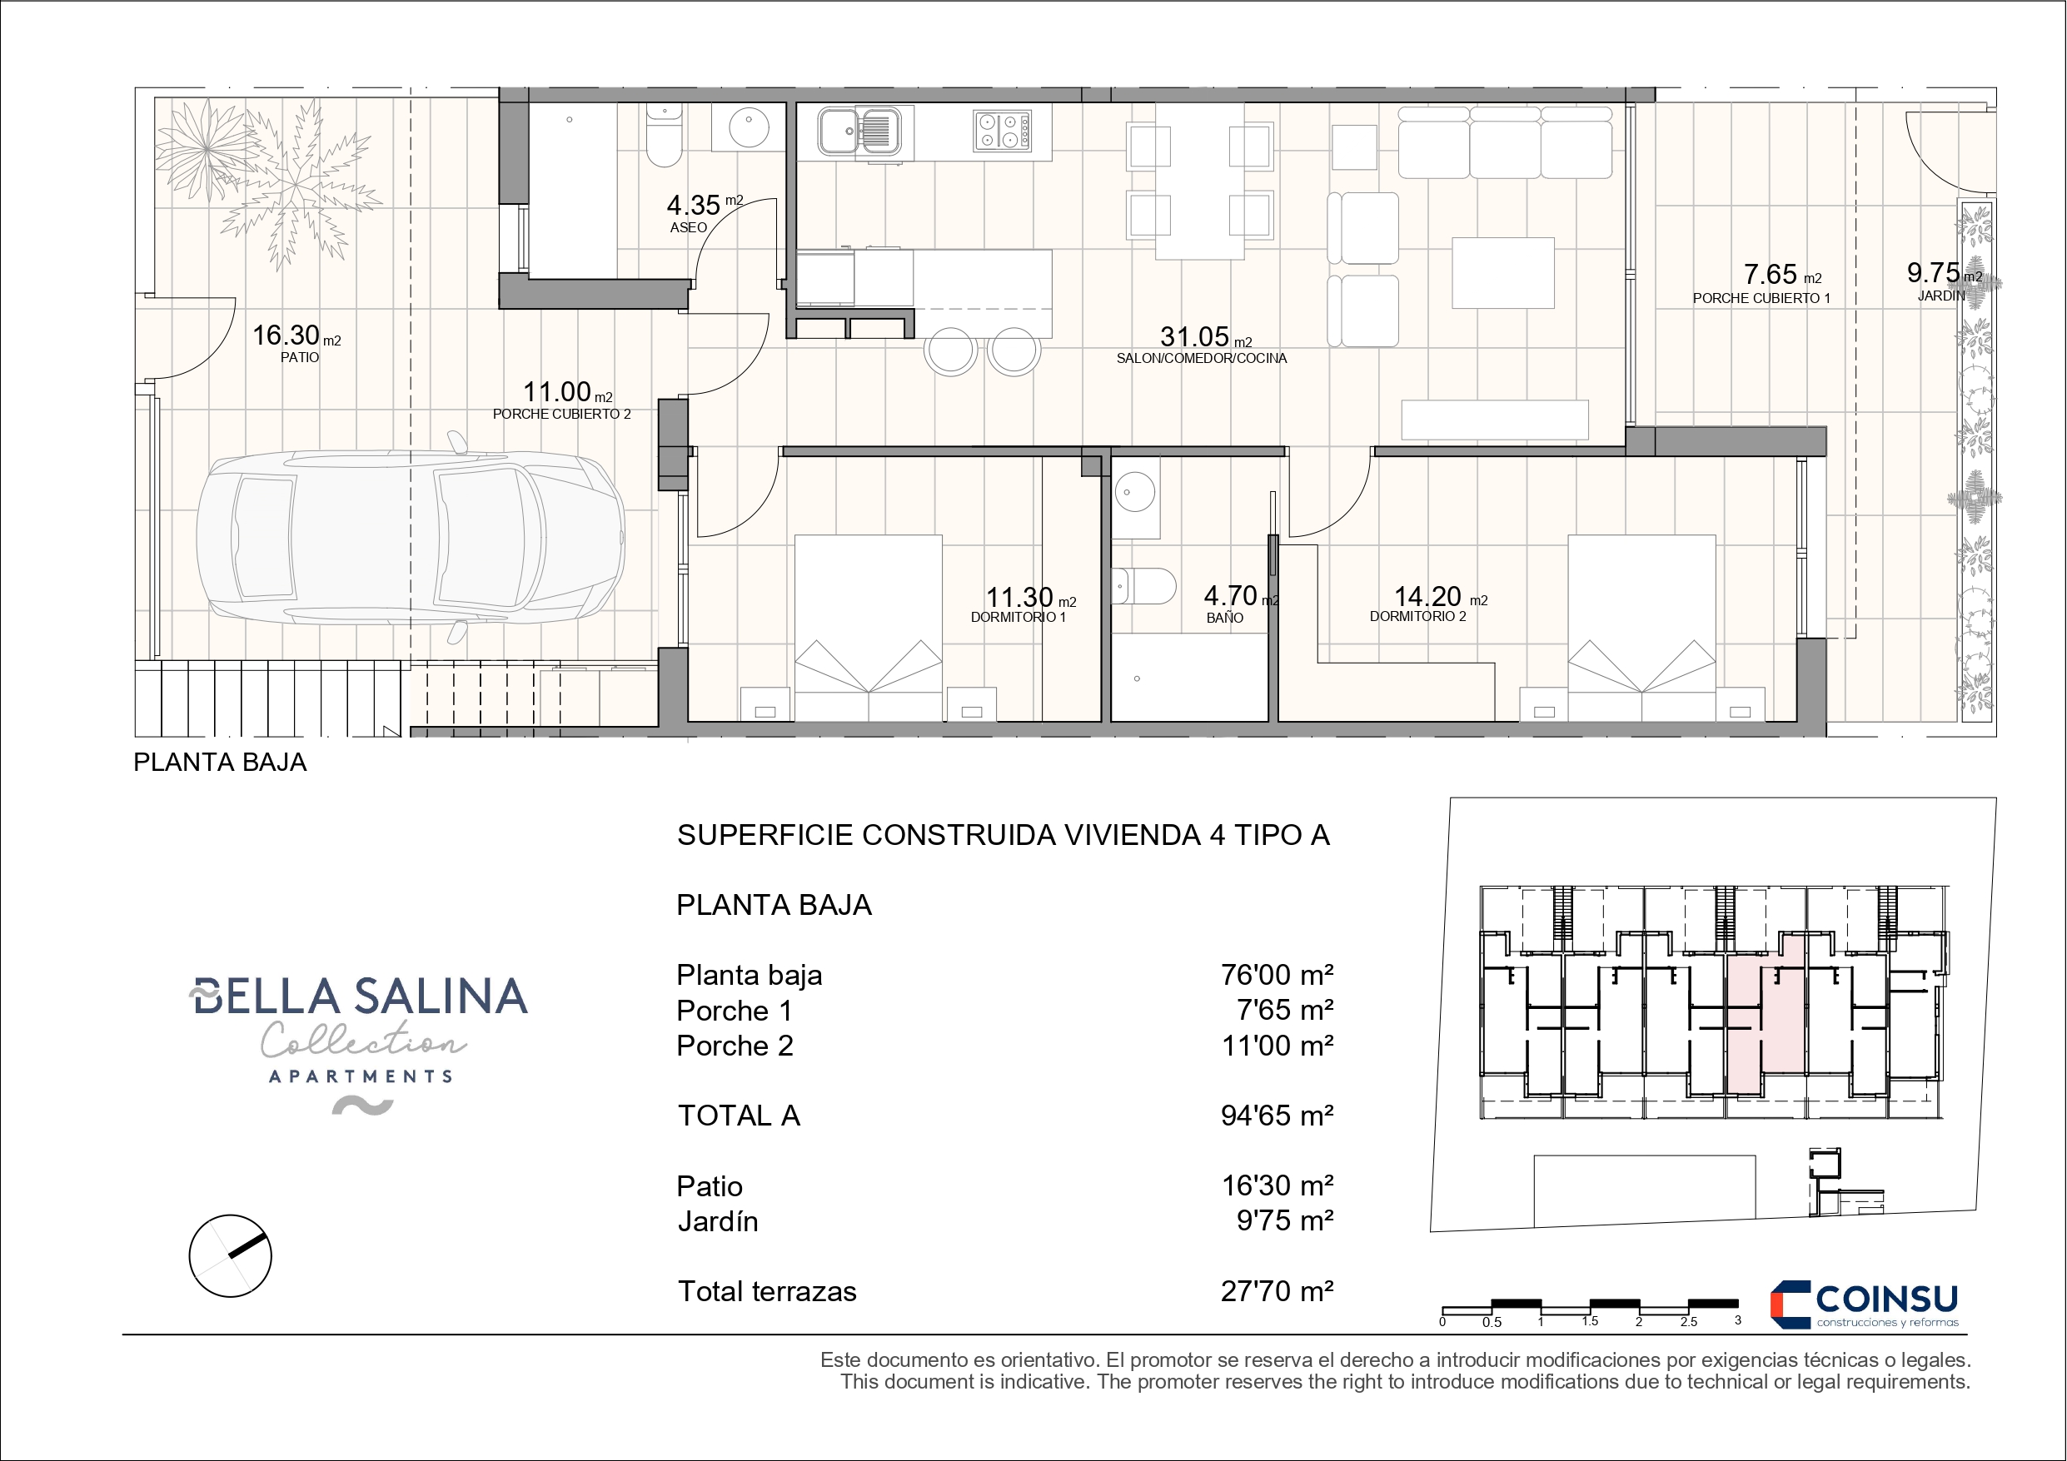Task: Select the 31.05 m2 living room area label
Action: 1202,345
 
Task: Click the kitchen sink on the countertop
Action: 858,131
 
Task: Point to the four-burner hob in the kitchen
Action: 1002,131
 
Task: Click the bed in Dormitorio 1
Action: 868,628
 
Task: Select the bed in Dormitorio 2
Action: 1641,628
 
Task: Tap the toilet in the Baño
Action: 1144,586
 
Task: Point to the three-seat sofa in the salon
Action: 1504,142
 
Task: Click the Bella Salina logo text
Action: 358,996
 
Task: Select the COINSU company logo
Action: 1864,1304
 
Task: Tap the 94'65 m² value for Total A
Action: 1277,1116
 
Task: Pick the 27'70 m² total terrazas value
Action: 1277,1291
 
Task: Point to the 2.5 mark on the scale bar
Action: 1688,1321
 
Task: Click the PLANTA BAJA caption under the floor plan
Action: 220,763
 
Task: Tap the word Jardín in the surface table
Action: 718,1221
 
